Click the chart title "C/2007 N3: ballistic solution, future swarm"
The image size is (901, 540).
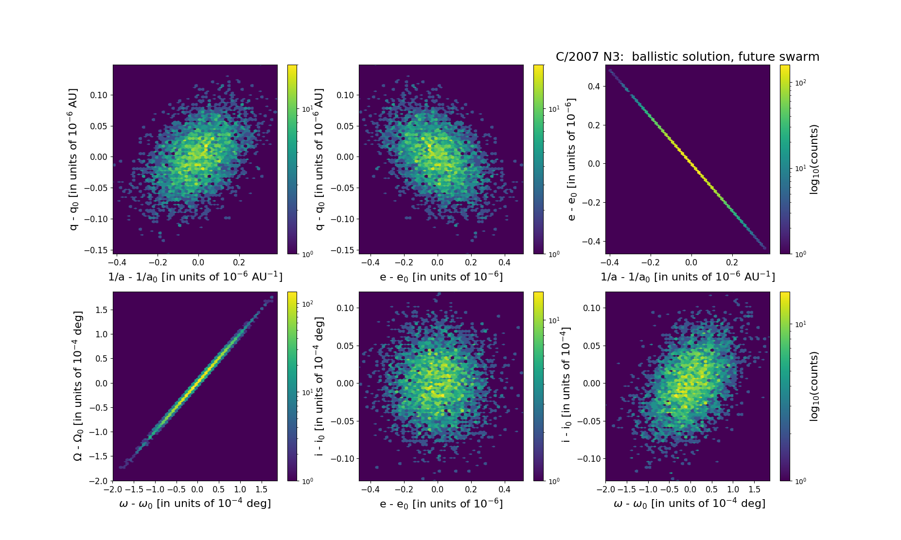pyautogui.click(x=687, y=57)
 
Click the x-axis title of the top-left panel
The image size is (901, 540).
pyautogui.click(x=195, y=277)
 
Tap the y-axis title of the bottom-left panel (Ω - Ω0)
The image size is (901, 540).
pyautogui.click(x=78, y=386)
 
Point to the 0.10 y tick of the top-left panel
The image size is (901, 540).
pyautogui.click(x=99, y=95)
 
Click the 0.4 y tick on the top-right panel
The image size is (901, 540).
pyautogui.click(x=594, y=87)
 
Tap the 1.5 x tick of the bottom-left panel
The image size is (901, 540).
pyautogui.click(x=261, y=489)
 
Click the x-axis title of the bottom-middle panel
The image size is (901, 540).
pyautogui.click(x=441, y=504)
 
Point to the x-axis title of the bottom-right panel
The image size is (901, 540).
pyautogui.click(x=689, y=504)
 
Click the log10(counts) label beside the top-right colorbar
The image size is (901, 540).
pyautogui.click(x=814, y=159)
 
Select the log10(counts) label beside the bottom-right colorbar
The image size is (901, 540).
pyautogui.click(x=814, y=386)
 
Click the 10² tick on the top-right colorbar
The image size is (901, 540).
pyautogui.click(x=800, y=83)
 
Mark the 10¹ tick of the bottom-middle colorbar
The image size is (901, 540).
pyautogui.click(x=554, y=320)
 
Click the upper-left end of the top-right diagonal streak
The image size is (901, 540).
pyautogui.click(x=610, y=70)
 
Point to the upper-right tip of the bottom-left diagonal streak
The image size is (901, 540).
pyautogui.click(x=272, y=297)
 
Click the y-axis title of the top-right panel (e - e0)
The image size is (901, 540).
pyautogui.click(x=572, y=159)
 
